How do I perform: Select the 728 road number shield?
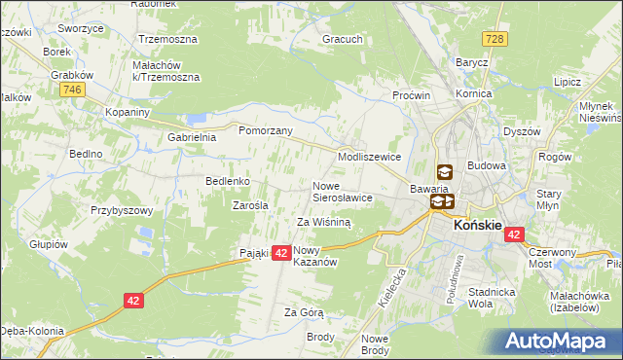[496, 38]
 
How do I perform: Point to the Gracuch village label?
[343, 40]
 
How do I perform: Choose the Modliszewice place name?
[370, 156]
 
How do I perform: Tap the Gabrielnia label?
[191, 137]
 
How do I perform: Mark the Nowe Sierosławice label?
[342, 191]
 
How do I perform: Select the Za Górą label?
[304, 312]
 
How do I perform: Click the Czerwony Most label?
[552, 258]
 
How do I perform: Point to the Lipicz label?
[567, 84]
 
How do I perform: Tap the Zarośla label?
[250, 204]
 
